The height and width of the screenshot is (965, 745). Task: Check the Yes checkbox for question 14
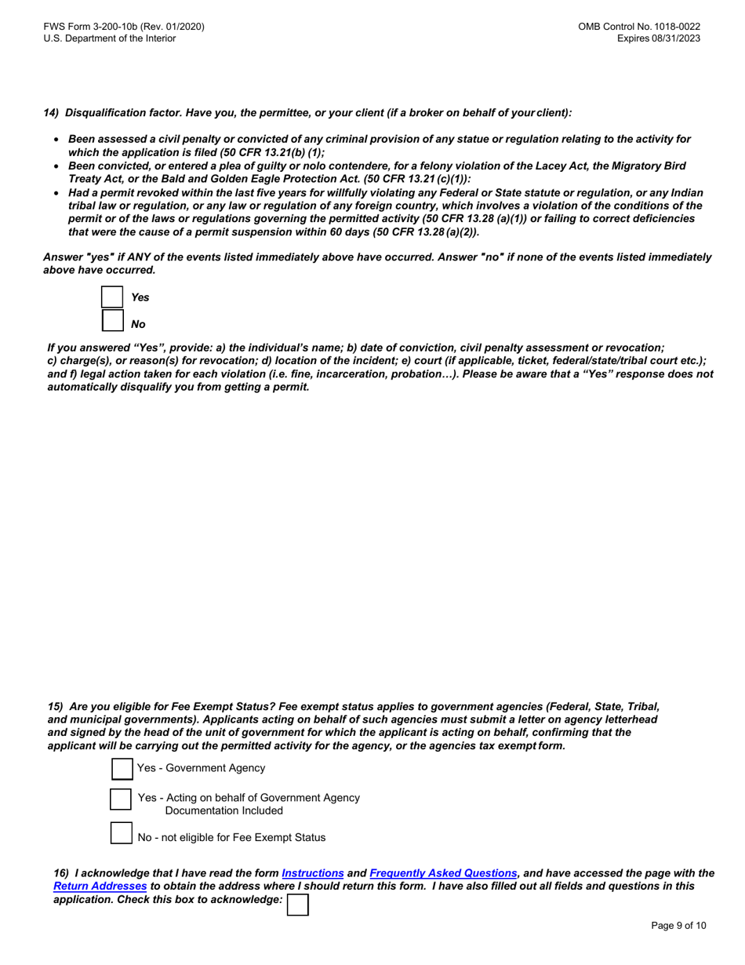(113, 297)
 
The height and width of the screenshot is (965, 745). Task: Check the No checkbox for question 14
(113, 321)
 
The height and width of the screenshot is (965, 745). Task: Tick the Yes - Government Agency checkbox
(122, 768)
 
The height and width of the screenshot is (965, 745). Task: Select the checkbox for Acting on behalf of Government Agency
(121, 799)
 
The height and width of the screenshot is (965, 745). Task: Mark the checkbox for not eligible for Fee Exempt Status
(121, 832)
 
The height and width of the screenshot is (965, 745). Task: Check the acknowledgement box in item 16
(298, 905)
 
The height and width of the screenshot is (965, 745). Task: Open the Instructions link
(313, 872)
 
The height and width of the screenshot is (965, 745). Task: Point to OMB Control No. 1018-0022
(639, 27)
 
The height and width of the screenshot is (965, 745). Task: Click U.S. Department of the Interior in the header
(110, 38)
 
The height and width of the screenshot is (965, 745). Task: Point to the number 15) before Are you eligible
(56, 706)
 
